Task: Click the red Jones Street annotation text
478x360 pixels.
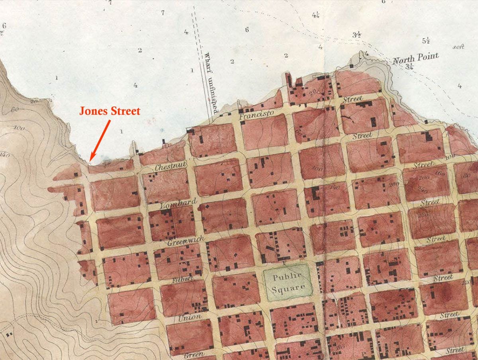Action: click(x=110, y=111)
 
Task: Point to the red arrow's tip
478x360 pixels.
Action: click(x=90, y=160)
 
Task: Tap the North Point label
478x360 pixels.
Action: click(x=416, y=58)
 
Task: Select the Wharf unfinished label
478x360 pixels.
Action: click(x=209, y=82)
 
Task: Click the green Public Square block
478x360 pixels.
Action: click(x=287, y=282)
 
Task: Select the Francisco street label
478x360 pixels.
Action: click(x=257, y=115)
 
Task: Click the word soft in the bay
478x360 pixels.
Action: click(x=458, y=47)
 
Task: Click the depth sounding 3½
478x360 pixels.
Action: click(x=357, y=35)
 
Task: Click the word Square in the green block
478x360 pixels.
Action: click(x=288, y=288)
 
